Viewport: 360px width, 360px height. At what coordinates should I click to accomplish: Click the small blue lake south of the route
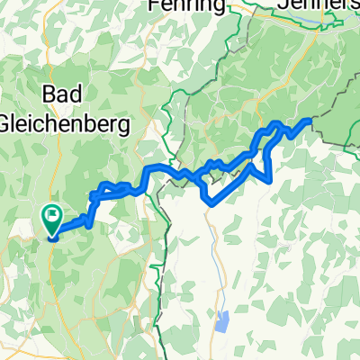(221, 317)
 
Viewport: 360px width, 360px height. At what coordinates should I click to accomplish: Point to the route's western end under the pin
(51, 238)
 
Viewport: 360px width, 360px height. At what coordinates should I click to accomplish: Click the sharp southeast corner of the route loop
(270, 179)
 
